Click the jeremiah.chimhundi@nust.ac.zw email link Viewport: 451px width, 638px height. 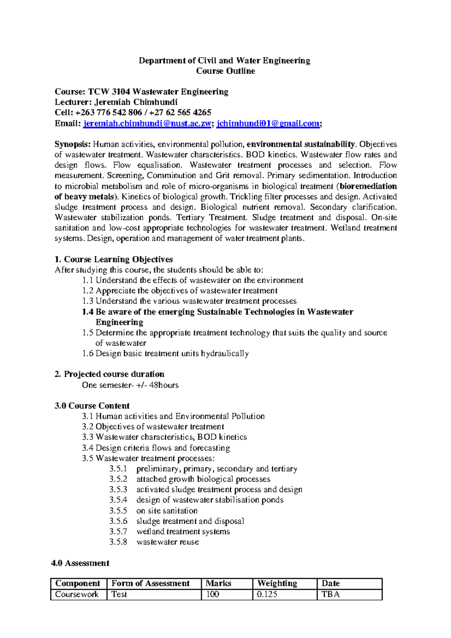[147, 124]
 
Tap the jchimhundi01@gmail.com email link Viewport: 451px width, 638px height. [268, 124]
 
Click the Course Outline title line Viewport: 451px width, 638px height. [225, 71]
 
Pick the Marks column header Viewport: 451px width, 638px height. [218, 583]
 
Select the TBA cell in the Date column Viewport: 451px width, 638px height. [331, 594]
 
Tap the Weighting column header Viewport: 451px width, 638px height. [277, 583]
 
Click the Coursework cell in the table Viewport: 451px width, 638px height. [77, 594]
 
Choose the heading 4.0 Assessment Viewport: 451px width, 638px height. [80, 563]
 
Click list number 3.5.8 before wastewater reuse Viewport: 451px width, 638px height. [118, 542]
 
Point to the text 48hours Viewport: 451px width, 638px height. [164, 385]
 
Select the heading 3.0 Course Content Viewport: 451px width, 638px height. [92, 406]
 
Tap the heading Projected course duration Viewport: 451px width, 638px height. [114, 374]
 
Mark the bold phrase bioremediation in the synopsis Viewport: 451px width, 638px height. [368, 186]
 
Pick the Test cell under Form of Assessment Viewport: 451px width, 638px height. [119, 594]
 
